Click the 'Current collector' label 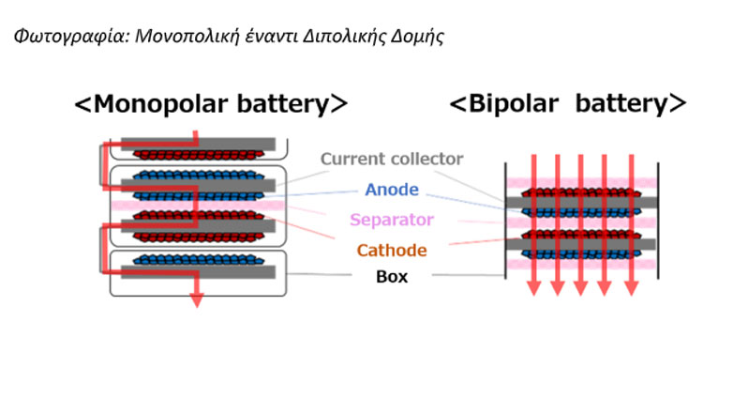392,159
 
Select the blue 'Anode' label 392,191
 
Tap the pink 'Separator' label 392,221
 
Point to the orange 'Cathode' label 392,251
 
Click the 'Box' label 392,277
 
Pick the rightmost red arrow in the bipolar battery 628,225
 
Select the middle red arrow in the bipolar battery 581,225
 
